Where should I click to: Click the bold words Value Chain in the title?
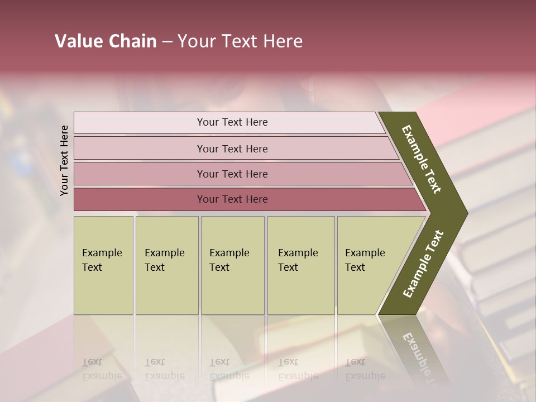click(106, 41)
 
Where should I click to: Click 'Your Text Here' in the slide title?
click(240, 41)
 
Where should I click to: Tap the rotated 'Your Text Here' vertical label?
click(64, 160)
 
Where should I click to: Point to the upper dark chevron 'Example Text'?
click(422, 160)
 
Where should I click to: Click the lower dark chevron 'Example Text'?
click(423, 264)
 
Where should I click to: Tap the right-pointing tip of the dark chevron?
click(463, 213)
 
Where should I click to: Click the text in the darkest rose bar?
click(232, 199)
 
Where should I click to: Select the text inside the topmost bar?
click(232, 122)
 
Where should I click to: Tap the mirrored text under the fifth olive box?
click(365, 369)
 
